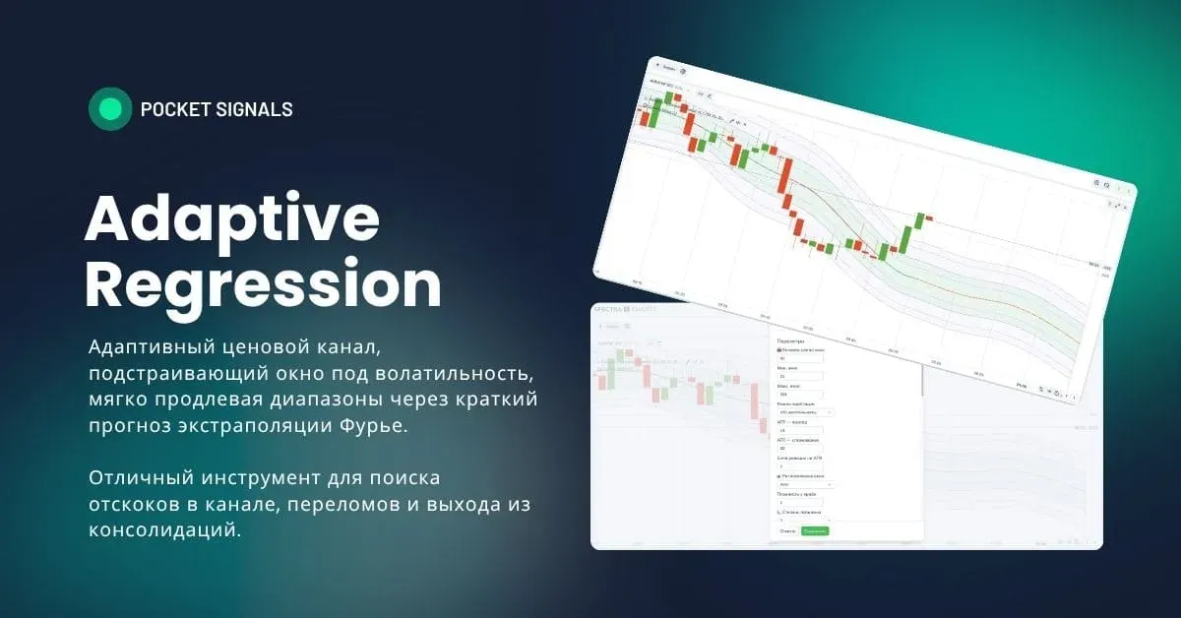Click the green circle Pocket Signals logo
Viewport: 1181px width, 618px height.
tap(109, 109)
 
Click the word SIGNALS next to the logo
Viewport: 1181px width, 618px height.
tap(259, 109)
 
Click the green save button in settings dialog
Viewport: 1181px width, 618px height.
tap(815, 531)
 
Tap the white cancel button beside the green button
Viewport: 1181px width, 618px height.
tap(787, 531)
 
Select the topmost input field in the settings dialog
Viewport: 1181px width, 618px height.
tap(799, 358)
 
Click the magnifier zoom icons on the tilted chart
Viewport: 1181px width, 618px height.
tap(1101, 184)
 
